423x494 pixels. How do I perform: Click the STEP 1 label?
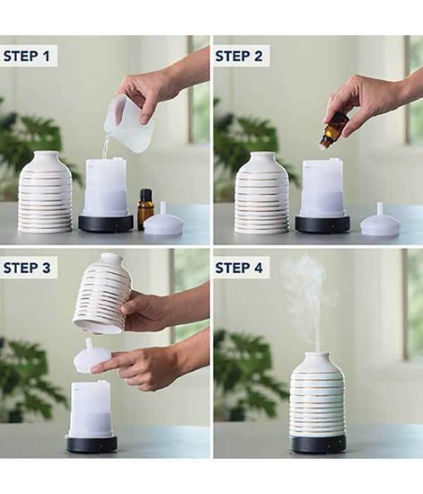click(26, 56)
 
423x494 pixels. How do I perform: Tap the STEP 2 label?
click(239, 56)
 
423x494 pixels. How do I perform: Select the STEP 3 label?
click(27, 268)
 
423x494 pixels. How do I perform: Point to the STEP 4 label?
click(239, 268)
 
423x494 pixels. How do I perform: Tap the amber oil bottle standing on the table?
click(145, 209)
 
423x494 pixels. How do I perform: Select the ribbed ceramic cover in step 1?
click(44, 192)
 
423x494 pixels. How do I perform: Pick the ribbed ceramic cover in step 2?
click(262, 193)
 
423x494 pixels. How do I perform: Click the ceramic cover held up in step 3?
click(101, 293)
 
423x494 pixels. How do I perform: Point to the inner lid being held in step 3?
click(92, 356)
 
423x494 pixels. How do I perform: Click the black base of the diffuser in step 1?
click(106, 223)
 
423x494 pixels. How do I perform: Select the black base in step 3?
click(92, 445)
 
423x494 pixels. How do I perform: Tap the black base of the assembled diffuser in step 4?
click(318, 443)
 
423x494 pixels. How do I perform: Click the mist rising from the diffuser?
click(305, 299)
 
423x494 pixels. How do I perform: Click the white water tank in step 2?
click(322, 189)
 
